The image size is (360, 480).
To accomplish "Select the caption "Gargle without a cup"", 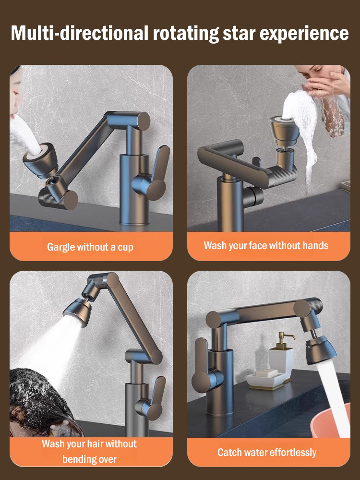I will tap(90, 247).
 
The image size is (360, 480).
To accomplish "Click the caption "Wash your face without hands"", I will tap(266, 246).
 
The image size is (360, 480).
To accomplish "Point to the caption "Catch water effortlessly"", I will tap(267, 452).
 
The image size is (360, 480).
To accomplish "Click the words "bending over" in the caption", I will tap(89, 459).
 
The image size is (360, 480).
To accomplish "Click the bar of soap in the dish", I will tap(265, 373).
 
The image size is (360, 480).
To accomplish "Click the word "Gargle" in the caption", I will tap(61, 247).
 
